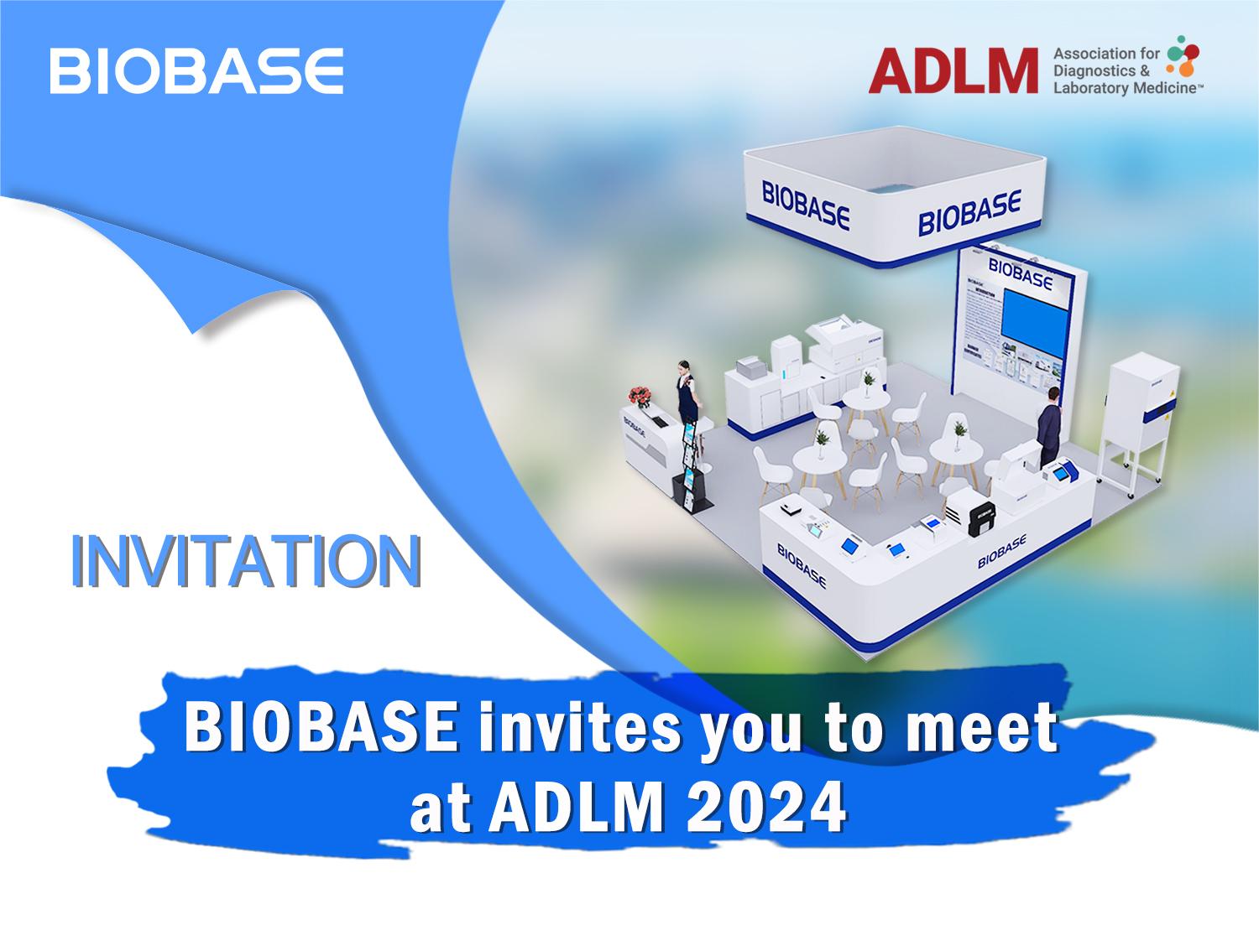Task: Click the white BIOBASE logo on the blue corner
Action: click(x=196, y=70)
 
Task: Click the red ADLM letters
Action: click(x=953, y=70)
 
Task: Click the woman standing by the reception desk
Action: click(x=688, y=394)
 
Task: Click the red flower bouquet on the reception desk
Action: click(x=641, y=396)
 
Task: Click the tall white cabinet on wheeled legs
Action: click(x=1136, y=419)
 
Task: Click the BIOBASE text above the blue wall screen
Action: click(x=1021, y=273)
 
